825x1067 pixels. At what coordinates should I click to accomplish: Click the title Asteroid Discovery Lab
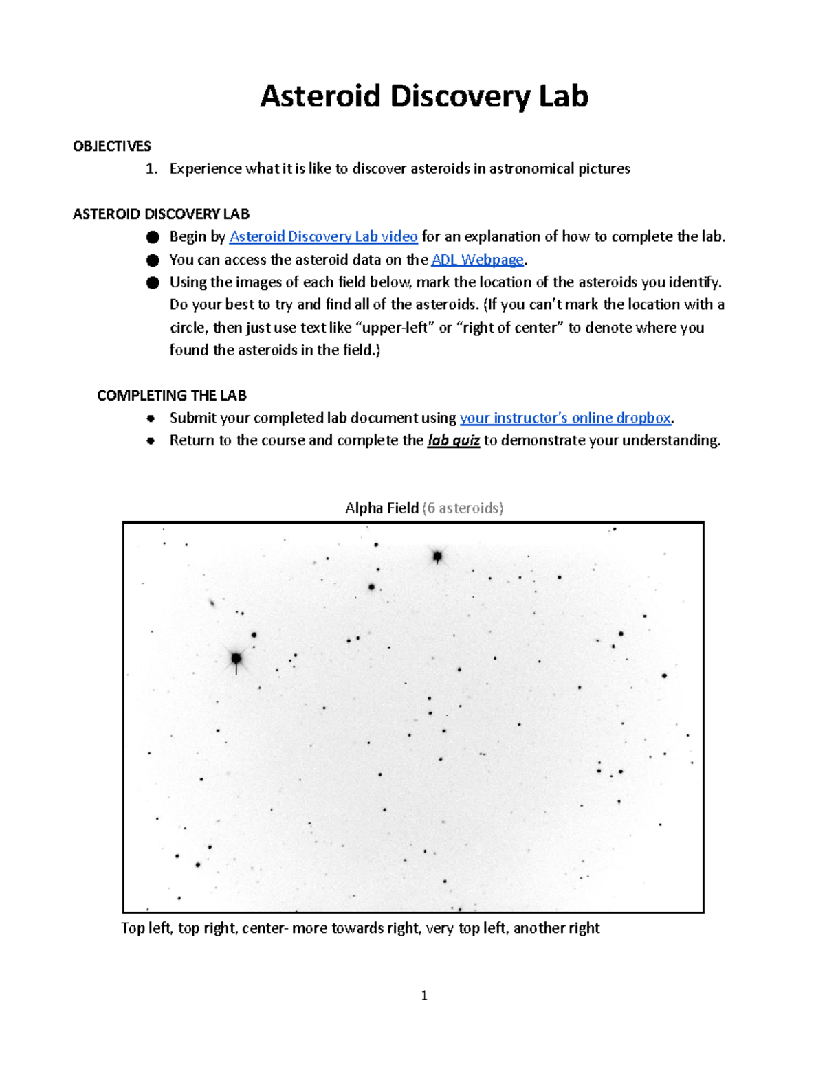(424, 96)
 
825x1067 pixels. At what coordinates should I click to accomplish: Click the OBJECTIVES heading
(112, 146)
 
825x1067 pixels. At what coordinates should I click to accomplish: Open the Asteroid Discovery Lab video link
(323, 237)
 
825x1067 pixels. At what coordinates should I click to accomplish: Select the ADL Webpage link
(477, 260)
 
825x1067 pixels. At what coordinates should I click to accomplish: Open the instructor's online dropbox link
(565, 418)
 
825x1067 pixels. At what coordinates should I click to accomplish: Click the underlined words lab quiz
(453, 440)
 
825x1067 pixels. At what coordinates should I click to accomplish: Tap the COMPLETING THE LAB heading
(172, 396)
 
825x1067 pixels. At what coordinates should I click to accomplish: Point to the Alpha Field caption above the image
(382, 508)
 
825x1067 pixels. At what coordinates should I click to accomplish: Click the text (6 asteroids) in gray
(463, 508)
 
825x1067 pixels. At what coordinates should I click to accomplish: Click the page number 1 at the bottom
(424, 996)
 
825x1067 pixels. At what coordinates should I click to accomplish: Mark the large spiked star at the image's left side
(236, 658)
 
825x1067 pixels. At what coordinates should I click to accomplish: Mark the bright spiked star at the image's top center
(437, 556)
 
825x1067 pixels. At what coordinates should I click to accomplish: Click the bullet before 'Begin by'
(153, 237)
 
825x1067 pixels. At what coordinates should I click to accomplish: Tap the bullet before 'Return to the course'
(151, 441)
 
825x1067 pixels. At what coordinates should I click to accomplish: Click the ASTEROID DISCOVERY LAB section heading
(161, 214)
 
